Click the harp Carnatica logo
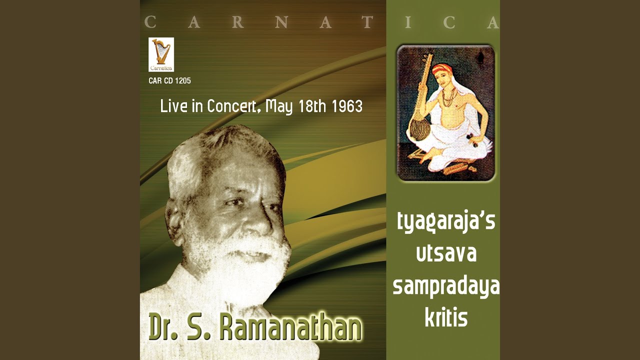[161, 54]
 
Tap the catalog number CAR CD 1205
[169, 81]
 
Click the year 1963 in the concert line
[347, 106]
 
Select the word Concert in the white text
[231, 106]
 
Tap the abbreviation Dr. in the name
[163, 327]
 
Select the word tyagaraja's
[446, 222]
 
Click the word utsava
[446, 253]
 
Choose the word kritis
[446, 317]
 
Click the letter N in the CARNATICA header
[281, 22]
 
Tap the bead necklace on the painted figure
[448, 97]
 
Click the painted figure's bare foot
[425, 156]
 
